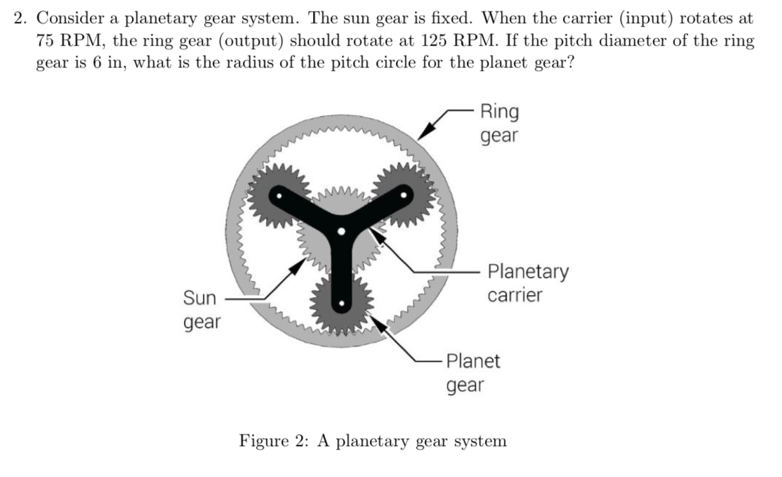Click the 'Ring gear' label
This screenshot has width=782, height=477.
pos(499,124)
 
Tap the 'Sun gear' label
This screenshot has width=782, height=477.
pos(201,311)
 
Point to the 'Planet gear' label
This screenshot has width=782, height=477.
pos(473,373)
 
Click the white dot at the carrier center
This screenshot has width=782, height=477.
pos(341,231)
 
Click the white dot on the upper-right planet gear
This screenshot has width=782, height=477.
pos(404,197)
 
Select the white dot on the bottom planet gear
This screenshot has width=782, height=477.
pos(341,304)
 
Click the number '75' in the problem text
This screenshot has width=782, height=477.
pos(46,40)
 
